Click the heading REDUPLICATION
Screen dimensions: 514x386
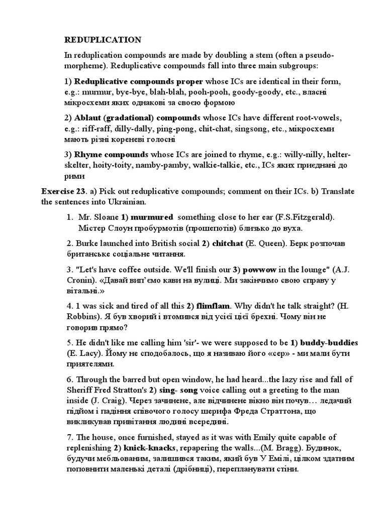[103, 40]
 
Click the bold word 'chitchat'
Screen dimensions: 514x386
[228, 243]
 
